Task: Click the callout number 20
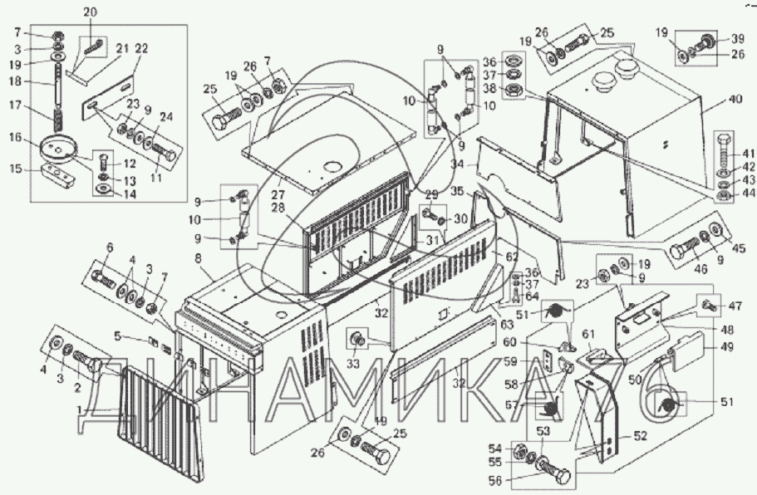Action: click(x=90, y=12)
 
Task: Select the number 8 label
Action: click(x=198, y=260)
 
